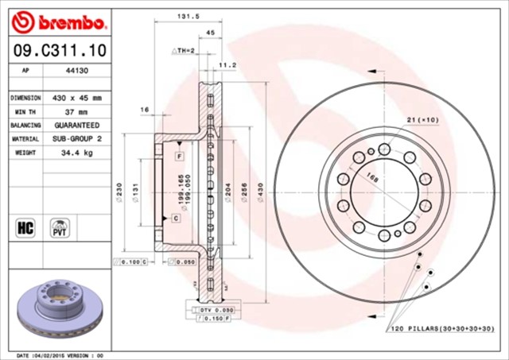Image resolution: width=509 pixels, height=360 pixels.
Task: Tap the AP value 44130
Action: coord(76,71)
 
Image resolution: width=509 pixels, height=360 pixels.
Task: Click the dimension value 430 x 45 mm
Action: coord(77,98)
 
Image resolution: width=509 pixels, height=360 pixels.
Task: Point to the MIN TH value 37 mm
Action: coord(77,112)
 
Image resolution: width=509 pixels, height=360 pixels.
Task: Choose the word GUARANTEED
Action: coord(77,126)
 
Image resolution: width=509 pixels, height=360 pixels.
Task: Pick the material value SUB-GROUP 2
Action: coord(77,138)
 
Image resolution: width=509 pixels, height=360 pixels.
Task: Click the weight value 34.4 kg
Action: coord(77,152)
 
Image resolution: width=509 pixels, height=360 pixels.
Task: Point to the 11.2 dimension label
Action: coord(227,65)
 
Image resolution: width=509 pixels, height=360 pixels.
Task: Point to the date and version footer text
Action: coord(60,354)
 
